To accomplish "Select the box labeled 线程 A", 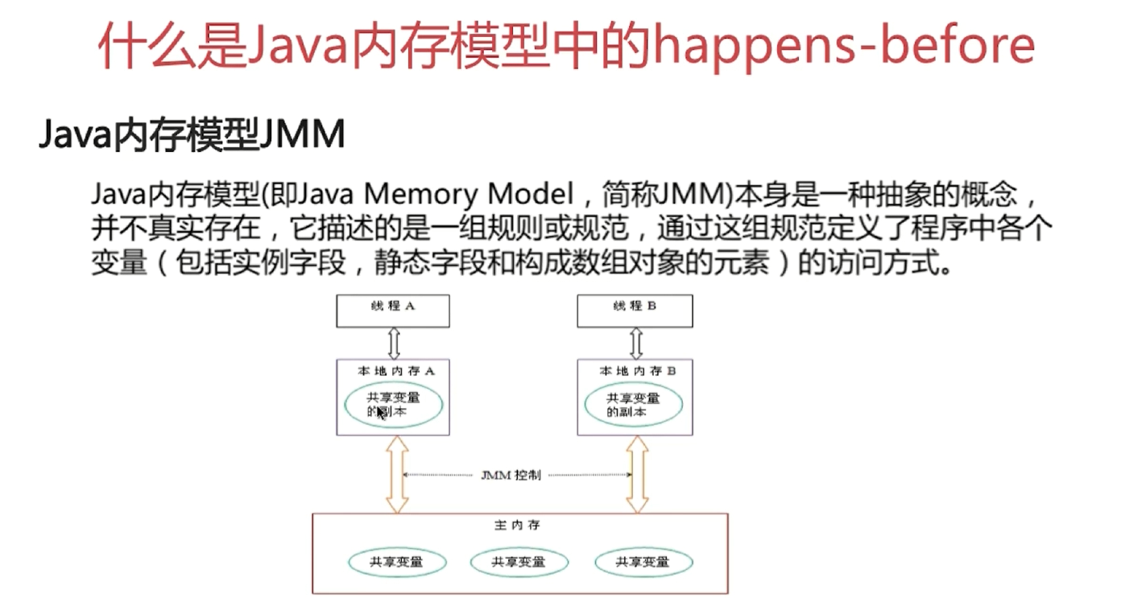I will tap(392, 311).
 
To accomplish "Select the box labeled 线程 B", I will tap(635, 311).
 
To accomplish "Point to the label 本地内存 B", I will tap(637, 371).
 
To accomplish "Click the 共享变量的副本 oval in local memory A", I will tap(394, 405).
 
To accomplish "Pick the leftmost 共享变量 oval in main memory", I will tap(396, 562).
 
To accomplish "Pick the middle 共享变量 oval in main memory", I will tap(518, 562).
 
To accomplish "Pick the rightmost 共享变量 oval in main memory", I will tap(642, 562).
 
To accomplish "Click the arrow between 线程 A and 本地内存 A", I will tap(394, 343).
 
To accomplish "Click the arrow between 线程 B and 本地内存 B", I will tap(635, 343).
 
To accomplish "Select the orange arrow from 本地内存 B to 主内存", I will tap(637, 475).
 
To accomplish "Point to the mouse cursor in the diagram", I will tap(381, 414).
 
